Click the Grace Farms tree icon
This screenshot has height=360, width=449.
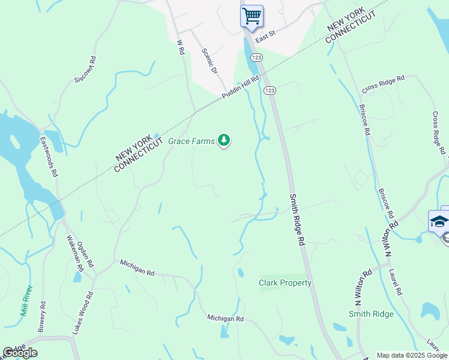pyautogui.click(x=224, y=140)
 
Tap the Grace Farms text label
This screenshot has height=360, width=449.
pyautogui.click(x=191, y=141)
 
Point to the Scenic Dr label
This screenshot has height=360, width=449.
pyautogui.click(x=209, y=61)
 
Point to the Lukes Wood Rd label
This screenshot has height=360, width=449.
pyautogui.click(x=90, y=312)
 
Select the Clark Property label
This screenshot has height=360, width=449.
pyautogui.click(x=285, y=283)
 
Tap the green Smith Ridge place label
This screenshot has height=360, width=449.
pyautogui.click(x=371, y=314)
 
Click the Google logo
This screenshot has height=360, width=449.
pyautogui.click(x=20, y=353)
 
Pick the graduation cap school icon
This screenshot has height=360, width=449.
pyautogui.click(x=439, y=221)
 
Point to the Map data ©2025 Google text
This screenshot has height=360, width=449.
pyautogui.click(x=412, y=355)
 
